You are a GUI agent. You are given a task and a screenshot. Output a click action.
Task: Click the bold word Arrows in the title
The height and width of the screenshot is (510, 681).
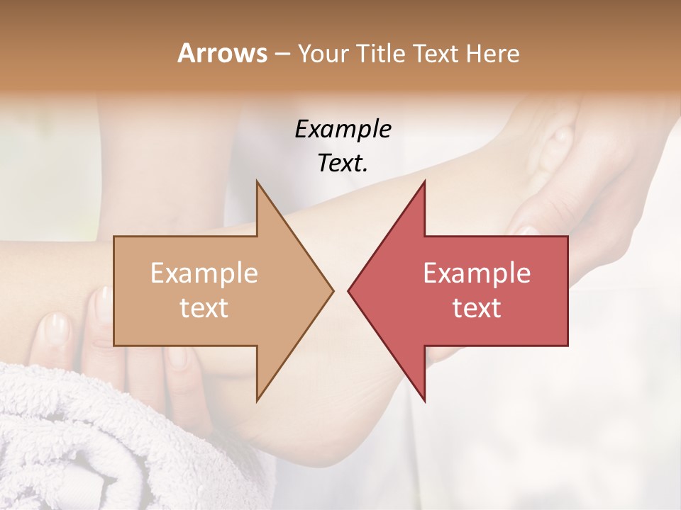[222, 53]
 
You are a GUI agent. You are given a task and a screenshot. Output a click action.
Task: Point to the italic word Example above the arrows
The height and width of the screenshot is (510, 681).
[343, 129]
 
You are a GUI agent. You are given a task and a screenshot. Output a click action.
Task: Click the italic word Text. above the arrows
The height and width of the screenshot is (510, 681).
[343, 164]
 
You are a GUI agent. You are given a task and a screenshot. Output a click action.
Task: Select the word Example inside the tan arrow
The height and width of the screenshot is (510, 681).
[204, 273]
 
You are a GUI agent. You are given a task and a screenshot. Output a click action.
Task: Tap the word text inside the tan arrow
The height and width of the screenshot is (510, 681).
[204, 307]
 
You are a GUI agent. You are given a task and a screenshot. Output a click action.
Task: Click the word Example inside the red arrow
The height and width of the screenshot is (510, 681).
[477, 273]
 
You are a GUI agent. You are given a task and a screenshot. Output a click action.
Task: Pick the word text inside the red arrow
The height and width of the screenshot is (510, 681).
[477, 307]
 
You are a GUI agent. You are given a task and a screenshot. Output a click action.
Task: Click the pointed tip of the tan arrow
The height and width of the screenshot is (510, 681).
[333, 290]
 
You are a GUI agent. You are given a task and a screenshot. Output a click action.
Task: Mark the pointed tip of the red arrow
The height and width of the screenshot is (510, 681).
[348, 290]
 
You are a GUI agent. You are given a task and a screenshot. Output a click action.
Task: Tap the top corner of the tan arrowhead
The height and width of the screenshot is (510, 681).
[257, 181]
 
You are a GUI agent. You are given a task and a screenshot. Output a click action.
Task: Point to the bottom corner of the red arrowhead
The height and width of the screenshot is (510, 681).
[424, 400]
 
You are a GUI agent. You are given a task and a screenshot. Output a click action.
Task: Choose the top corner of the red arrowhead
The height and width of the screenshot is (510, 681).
[424, 181]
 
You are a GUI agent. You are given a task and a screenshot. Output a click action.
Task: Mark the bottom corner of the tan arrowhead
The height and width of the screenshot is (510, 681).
[257, 400]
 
